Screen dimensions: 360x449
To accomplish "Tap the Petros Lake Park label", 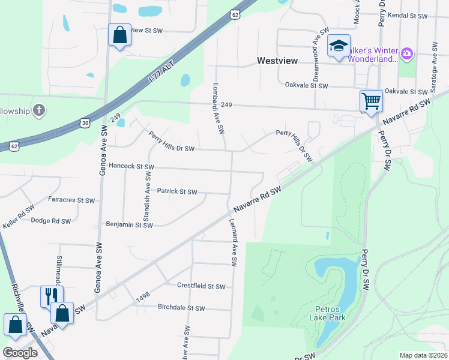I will click(x=328, y=314).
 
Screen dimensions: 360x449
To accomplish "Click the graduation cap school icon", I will click(x=339, y=46).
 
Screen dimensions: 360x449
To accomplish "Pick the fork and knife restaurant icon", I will click(x=52, y=295).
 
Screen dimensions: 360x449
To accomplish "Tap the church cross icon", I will click(x=38, y=110).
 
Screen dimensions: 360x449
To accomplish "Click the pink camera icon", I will click(x=407, y=55).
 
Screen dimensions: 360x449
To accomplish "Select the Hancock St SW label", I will click(x=131, y=166).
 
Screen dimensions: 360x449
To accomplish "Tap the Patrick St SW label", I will click(x=177, y=191).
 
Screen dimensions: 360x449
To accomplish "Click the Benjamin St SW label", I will click(x=130, y=225).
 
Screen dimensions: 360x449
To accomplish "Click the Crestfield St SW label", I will click(x=200, y=286).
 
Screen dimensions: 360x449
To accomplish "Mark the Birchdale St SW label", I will click(x=181, y=308).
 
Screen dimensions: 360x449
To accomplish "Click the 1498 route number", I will click(x=142, y=295).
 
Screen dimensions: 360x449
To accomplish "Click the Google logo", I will click(x=20, y=353).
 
